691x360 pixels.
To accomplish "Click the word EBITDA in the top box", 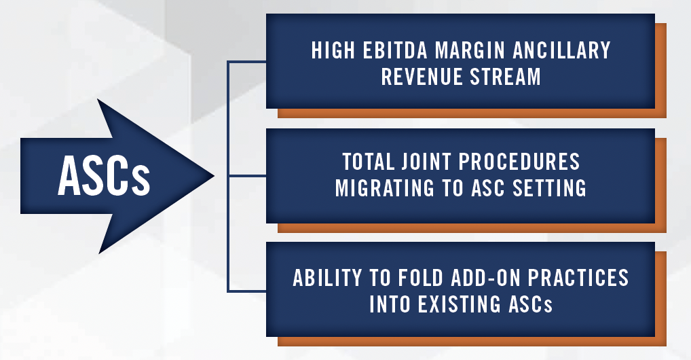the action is tap(395, 50).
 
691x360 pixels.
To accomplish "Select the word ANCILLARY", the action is tap(561, 50).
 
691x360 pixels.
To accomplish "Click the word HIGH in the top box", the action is tap(333, 50).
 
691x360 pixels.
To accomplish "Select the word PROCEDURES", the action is tap(519, 162).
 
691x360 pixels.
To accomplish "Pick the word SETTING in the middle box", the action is tap(549, 188).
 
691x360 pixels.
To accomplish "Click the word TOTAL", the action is tap(368, 162).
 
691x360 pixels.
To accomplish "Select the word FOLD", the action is tap(420, 278).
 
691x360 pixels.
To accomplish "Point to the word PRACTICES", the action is tap(578, 278).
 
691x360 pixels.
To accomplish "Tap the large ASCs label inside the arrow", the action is tap(104, 176).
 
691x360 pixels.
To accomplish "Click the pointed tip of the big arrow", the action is tap(214, 176).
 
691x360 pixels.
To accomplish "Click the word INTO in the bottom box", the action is tap(389, 304).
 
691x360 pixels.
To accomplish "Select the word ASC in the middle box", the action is tap(488, 188).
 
